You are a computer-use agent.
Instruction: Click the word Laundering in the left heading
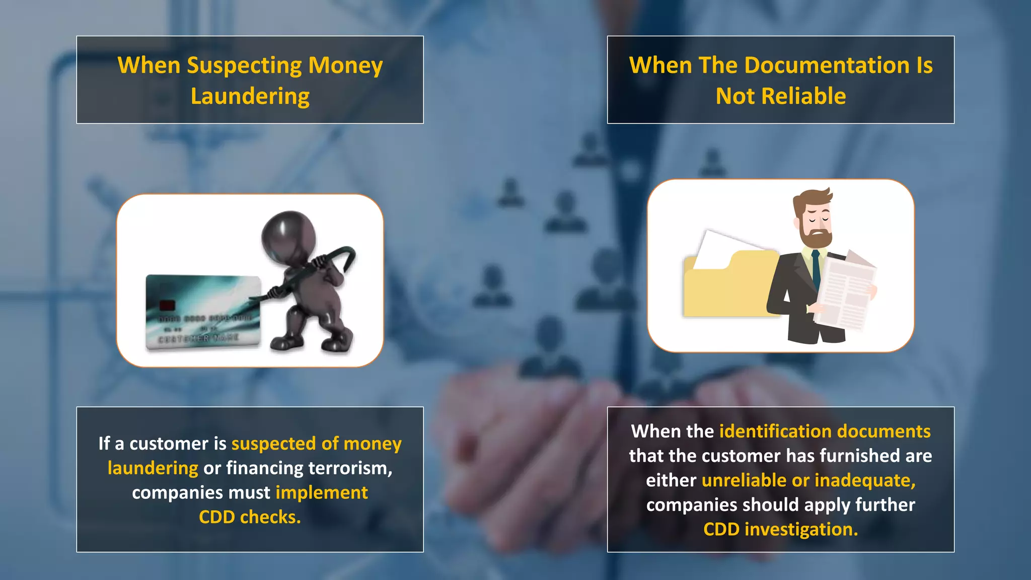250,96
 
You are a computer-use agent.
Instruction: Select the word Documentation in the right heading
827,65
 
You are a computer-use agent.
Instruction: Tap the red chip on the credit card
167,305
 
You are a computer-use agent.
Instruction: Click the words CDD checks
250,517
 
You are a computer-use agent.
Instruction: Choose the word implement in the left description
322,492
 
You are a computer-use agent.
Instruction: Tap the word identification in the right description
775,431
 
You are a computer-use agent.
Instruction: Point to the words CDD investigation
780,529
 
